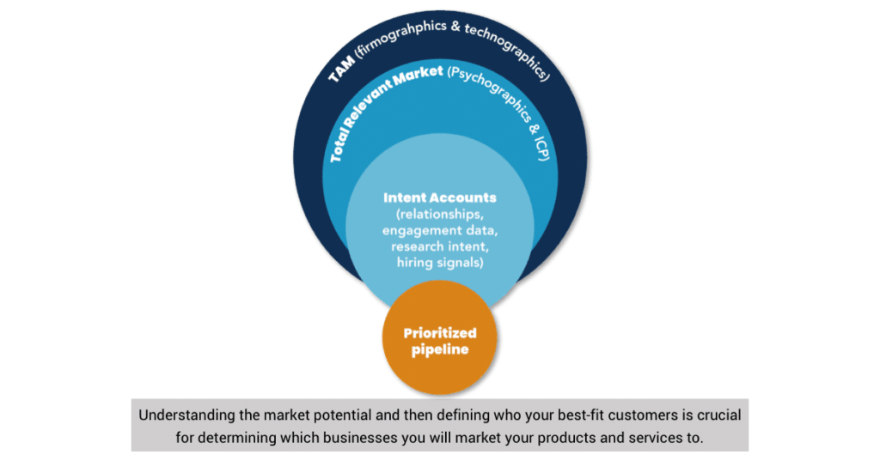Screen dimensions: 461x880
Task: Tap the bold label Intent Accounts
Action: [440, 197]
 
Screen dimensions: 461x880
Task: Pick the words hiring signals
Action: [440, 262]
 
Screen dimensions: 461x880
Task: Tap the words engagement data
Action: [440, 230]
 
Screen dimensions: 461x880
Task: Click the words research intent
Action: [440, 246]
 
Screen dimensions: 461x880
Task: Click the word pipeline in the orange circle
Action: [440, 349]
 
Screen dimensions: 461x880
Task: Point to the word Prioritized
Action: [440, 333]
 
